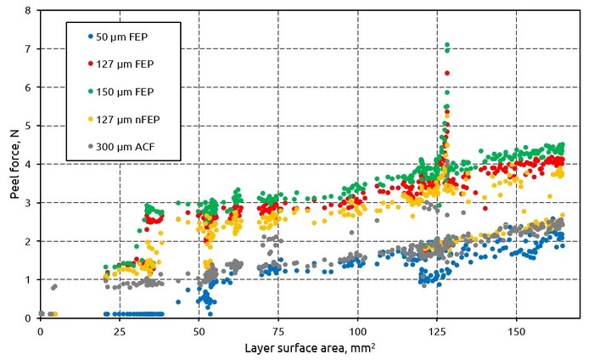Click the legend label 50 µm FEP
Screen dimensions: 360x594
125,37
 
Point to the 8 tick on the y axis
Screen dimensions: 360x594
29,11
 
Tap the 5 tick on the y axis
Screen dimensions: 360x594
29,126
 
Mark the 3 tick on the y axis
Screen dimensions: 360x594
29,203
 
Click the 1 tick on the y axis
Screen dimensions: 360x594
29,280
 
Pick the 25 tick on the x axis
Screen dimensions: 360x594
119,330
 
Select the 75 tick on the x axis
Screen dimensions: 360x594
277,330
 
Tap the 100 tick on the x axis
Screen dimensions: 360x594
357,330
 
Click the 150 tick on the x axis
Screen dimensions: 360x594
516,330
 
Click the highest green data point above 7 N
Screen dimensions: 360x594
447,45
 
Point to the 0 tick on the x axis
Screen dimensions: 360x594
40,330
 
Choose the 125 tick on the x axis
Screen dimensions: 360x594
436,330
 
